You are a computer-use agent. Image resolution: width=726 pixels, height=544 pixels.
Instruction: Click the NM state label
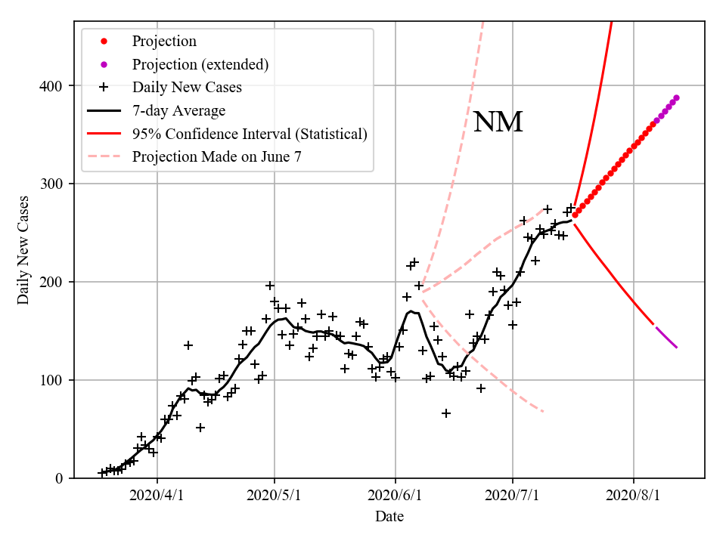tap(498, 122)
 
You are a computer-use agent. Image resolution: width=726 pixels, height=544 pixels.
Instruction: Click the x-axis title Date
tap(389, 517)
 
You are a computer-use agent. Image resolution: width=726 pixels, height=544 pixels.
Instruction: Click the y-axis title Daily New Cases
tap(23, 250)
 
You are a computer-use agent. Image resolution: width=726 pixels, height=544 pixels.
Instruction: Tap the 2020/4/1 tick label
tap(157, 496)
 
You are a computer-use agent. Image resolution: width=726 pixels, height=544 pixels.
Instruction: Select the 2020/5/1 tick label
tap(275, 496)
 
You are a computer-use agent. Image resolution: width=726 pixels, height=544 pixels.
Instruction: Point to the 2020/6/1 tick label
tap(394, 496)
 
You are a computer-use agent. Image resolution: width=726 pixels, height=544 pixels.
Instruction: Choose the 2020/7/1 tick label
tap(512, 496)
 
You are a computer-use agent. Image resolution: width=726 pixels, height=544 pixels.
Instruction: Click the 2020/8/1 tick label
tap(632, 496)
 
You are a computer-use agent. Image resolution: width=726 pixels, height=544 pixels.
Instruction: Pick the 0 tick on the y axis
tap(60, 479)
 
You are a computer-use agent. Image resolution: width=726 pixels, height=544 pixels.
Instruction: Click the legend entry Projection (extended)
tap(200, 64)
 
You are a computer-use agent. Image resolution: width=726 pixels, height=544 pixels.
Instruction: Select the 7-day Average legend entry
tap(178, 111)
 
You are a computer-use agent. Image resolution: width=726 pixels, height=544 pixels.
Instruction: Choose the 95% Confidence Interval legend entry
tap(250, 134)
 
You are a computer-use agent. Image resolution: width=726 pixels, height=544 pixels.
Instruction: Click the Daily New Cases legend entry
tap(187, 88)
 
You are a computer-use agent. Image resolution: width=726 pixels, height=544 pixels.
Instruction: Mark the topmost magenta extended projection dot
tap(676, 97)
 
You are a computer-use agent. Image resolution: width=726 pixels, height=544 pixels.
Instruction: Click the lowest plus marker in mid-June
tap(446, 413)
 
